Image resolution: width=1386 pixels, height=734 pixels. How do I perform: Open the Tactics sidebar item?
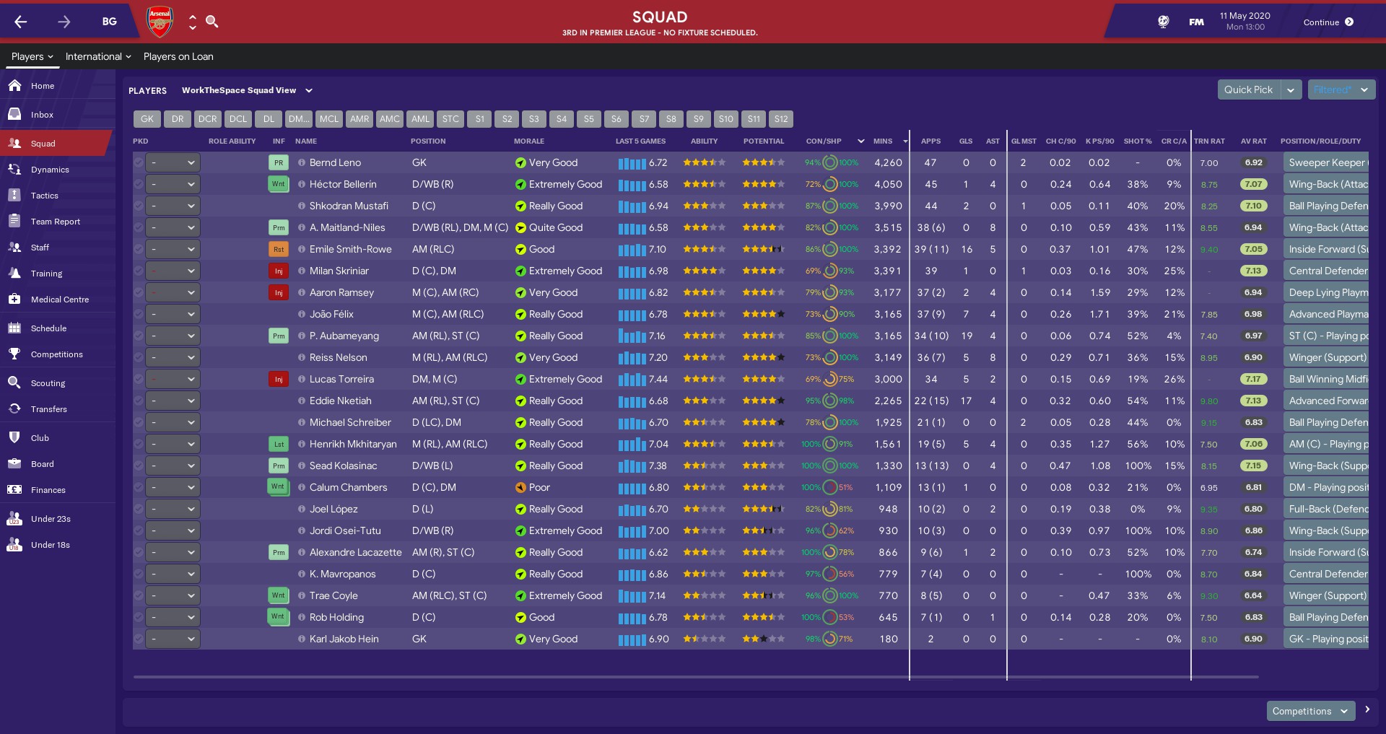pyautogui.click(x=44, y=196)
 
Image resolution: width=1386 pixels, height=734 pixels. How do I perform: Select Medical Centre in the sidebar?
pyautogui.click(x=59, y=300)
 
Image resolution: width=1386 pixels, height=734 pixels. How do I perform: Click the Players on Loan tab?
pyautogui.click(x=178, y=56)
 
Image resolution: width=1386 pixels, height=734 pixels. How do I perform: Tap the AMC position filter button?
pyautogui.click(x=390, y=119)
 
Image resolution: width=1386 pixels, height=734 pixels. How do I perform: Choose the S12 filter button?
pyautogui.click(x=781, y=119)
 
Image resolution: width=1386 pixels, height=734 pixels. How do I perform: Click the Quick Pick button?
pyautogui.click(x=1248, y=89)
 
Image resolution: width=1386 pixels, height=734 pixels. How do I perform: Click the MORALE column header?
pyautogui.click(x=529, y=141)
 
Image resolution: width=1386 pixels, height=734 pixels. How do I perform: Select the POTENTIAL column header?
pyautogui.click(x=763, y=141)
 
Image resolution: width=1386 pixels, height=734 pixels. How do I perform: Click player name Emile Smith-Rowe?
pyautogui.click(x=350, y=249)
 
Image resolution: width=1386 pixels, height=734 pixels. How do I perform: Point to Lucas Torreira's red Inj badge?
pyautogui.click(x=279, y=379)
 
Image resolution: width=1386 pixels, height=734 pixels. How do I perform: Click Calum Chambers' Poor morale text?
pyautogui.click(x=539, y=487)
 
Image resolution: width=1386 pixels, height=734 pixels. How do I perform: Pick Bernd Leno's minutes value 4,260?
pyautogui.click(x=888, y=162)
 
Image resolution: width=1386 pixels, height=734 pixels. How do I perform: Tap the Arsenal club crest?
pyautogui.click(x=160, y=22)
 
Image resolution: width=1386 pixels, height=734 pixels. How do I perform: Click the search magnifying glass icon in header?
pyautogui.click(x=212, y=22)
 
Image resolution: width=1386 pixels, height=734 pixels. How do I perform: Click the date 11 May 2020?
pyautogui.click(x=1245, y=16)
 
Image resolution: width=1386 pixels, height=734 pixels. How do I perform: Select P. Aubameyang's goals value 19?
pyautogui.click(x=967, y=336)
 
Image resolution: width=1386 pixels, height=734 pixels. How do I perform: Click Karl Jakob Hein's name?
pyautogui.click(x=344, y=639)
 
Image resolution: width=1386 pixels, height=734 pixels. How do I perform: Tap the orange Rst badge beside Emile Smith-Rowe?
pyautogui.click(x=279, y=249)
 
